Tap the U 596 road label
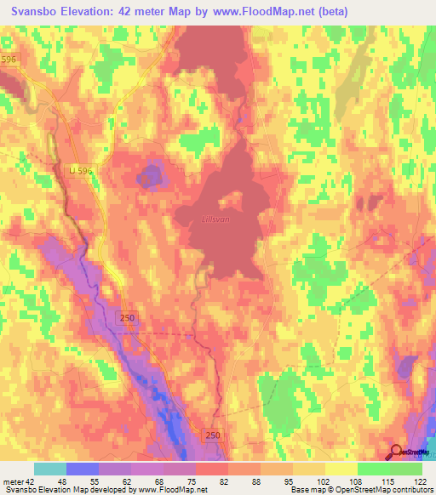(x=78, y=171)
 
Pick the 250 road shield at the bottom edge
(x=211, y=435)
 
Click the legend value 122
(x=420, y=481)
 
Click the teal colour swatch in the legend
(x=49, y=469)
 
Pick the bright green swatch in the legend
(x=373, y=469)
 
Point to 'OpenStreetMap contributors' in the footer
(x=380, y=490)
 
